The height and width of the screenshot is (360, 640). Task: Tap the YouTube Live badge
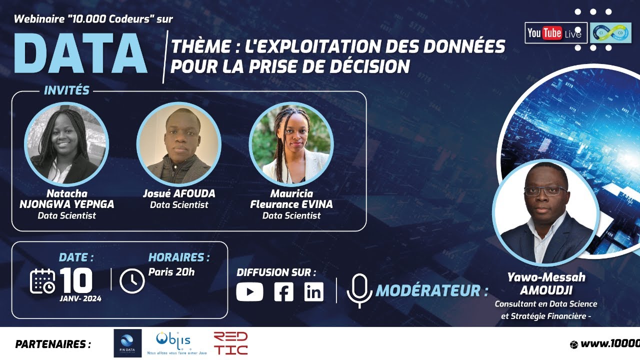tap(555, 33)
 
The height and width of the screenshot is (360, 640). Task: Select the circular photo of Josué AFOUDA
tap(178, 144)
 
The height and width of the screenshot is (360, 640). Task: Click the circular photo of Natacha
tap(66, 144)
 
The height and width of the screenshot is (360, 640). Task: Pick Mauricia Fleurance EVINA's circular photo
tap(290, 144)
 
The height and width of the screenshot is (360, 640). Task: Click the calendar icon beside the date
tap(42, 281)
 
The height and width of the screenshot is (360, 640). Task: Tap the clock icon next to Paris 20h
tap(132, 281)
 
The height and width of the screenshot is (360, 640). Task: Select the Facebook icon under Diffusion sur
tap(283, 291)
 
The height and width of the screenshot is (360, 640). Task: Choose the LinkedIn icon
tap(313, 291)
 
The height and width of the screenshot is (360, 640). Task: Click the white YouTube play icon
tap(249, 291)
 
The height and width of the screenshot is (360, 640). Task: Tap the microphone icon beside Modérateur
tap(360, 290)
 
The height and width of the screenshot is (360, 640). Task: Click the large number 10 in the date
tap(76, 280)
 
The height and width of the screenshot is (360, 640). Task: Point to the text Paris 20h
tap(171, 272)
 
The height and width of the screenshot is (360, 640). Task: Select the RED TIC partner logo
tap(230, 343)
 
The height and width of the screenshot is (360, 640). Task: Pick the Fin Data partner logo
tap(127, 343)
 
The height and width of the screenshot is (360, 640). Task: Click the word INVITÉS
tap(66, 91)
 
